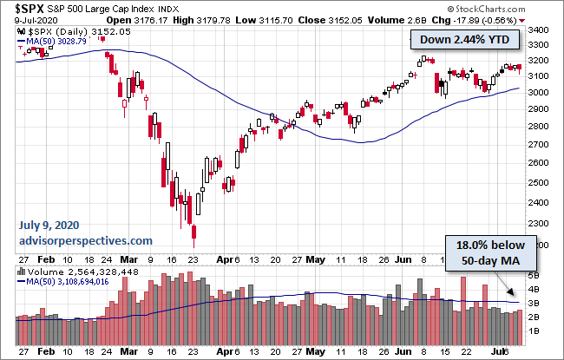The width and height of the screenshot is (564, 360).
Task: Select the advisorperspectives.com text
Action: point(86,240)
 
